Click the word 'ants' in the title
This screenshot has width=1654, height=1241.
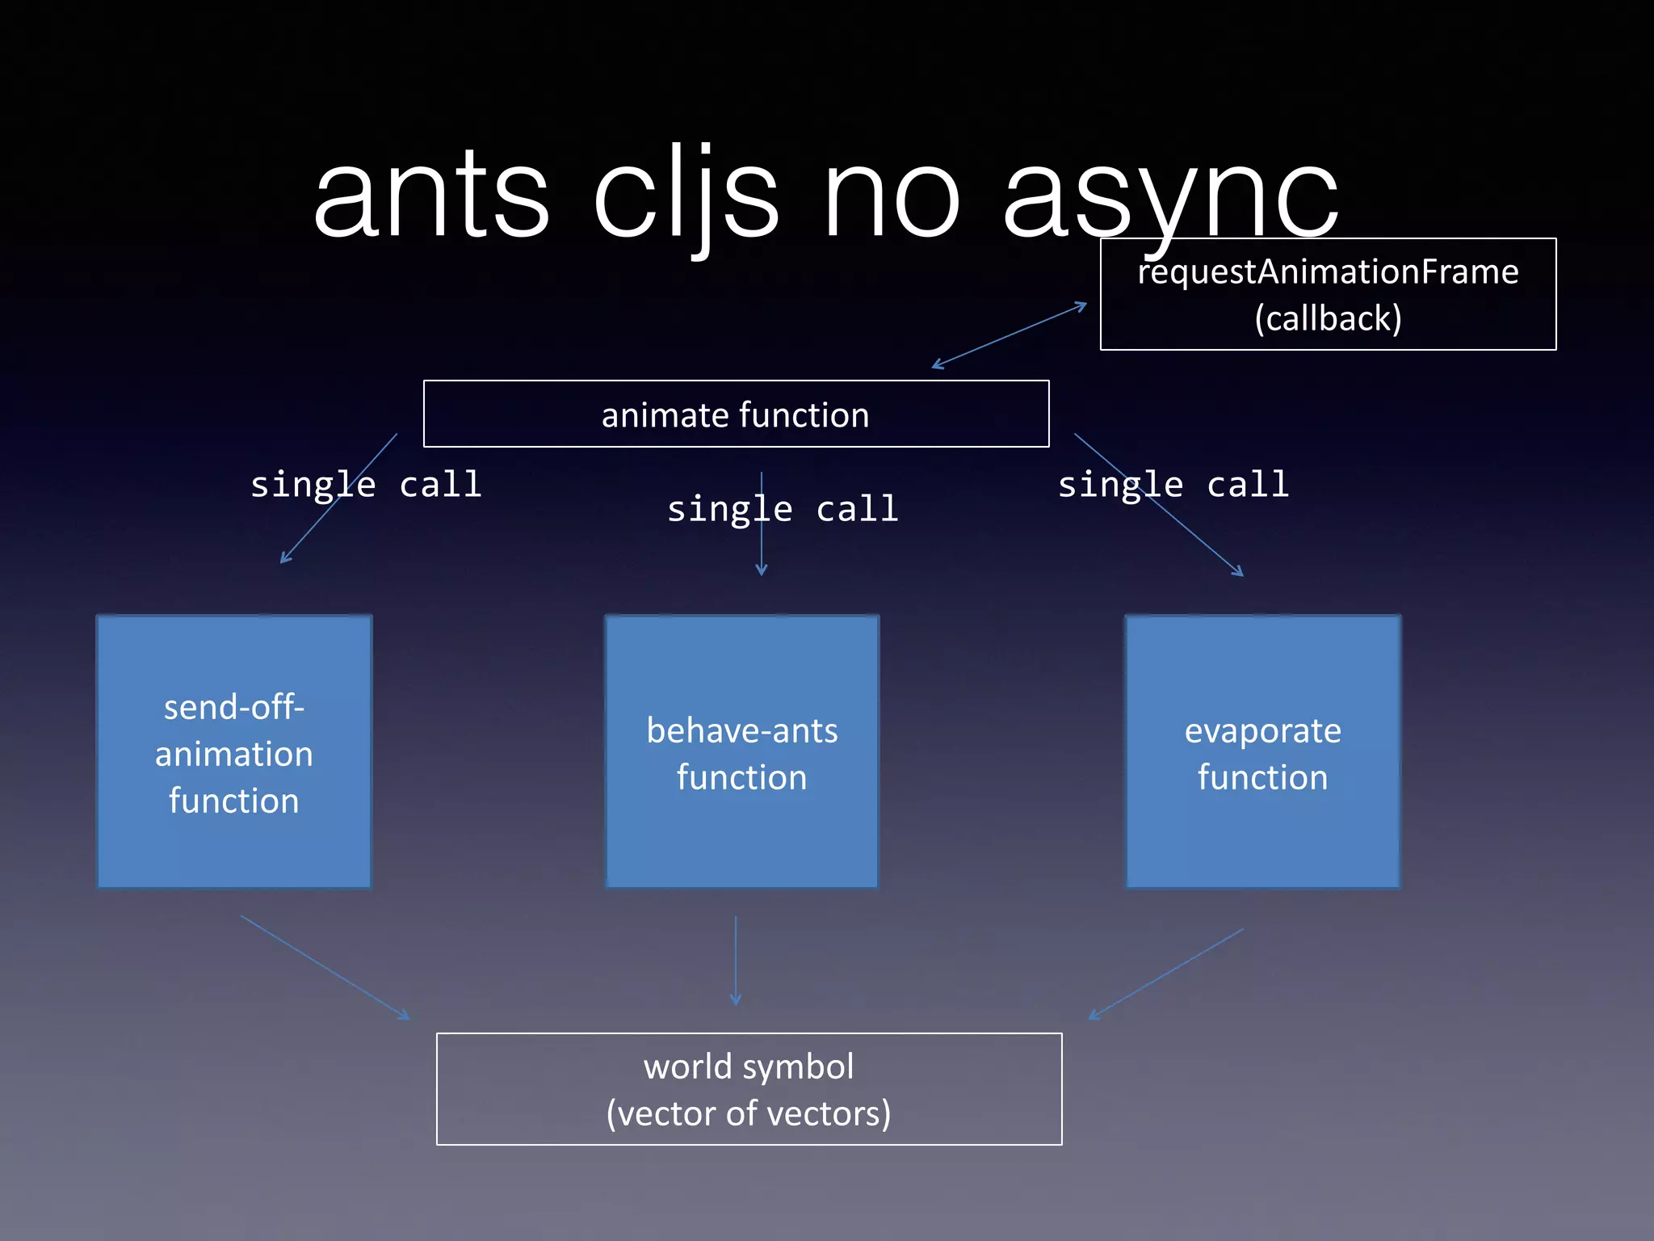(x=432, y=198)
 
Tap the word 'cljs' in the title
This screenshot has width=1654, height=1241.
(x=686, y=198)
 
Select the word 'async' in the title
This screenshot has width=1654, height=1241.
(x=1171, y=198)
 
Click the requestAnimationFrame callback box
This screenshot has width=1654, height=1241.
(x=1328, y=294)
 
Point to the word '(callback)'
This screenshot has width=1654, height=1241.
(x=1328, y=318)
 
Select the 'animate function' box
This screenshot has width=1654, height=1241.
(x=736, y=414)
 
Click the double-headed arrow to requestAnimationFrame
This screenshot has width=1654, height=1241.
(x=1010, y=335)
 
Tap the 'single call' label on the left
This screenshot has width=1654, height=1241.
(x=366, y=485)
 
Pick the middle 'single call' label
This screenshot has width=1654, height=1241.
(x=782, y=510)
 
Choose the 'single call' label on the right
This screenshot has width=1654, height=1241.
(x=1173, y=485)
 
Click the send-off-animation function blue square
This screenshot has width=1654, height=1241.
(x=234, y=752)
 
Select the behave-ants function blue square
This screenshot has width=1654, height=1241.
(x=741, y=752)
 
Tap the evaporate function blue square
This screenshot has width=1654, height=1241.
(x=1262, y=752)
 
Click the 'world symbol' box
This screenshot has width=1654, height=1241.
(x=749, y=1088)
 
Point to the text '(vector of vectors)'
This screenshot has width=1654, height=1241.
(x=749, y=1113)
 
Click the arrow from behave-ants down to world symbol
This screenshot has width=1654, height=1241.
(x=735, y=961)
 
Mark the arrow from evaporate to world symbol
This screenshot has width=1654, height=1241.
(x=1166, y=974)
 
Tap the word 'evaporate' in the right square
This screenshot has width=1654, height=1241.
(x=1262, y=730)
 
